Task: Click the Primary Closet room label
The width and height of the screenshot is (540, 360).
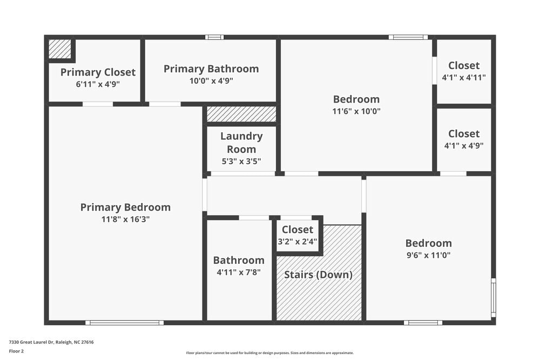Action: click(x=98, y=72)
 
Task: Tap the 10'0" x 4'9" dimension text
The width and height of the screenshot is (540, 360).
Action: click(x=211, y=81)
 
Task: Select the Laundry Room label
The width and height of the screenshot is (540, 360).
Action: click(x=241, y=142)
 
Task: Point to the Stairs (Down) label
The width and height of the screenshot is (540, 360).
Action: click(x=319, y=274)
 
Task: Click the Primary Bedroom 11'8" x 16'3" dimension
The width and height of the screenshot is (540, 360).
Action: click(x=125, y=219)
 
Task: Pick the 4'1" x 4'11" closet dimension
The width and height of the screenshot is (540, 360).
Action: click(x=464, y=77)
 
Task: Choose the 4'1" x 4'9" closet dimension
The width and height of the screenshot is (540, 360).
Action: click(x=464, y=145)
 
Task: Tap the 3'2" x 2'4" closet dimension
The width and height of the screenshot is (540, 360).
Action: click(x=298, y=241)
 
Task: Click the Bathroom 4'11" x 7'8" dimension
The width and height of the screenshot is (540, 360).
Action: click(x=239, y=273)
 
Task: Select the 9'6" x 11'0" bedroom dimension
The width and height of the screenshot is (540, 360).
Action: click(x=429, y=255)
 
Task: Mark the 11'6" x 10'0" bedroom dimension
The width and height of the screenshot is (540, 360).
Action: click(x=356, y=111)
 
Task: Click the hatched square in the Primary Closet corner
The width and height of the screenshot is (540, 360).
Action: click(x=59, y=49)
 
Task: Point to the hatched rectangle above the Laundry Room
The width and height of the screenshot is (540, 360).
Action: click(x=241, y=114)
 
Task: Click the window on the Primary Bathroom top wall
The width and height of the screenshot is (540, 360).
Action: click(x=214, y=37)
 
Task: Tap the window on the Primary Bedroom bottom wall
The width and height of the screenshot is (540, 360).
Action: click(x=124, y=323)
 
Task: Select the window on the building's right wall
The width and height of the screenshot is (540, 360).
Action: click(x=493, y=297)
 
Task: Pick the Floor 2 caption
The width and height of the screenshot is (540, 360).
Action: click(x=17, y=351)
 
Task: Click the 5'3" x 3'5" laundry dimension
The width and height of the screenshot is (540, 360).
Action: click(x=241, y=161)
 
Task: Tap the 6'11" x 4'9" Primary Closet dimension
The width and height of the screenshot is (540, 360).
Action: click(x=98, y=84)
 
